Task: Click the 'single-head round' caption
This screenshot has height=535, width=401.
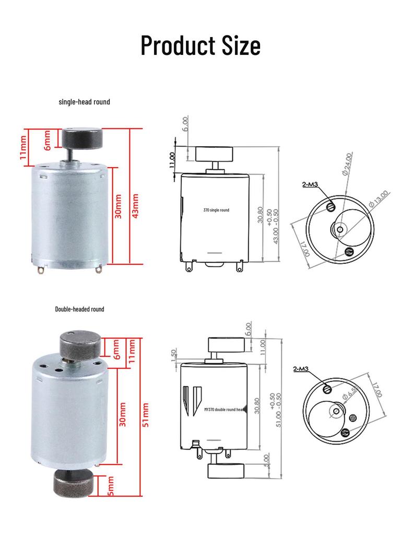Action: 84,102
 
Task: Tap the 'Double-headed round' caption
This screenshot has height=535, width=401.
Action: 79,309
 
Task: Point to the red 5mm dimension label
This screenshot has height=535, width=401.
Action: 111,485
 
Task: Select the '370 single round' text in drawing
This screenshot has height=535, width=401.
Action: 216,210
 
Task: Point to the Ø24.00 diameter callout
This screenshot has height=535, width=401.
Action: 347,164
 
